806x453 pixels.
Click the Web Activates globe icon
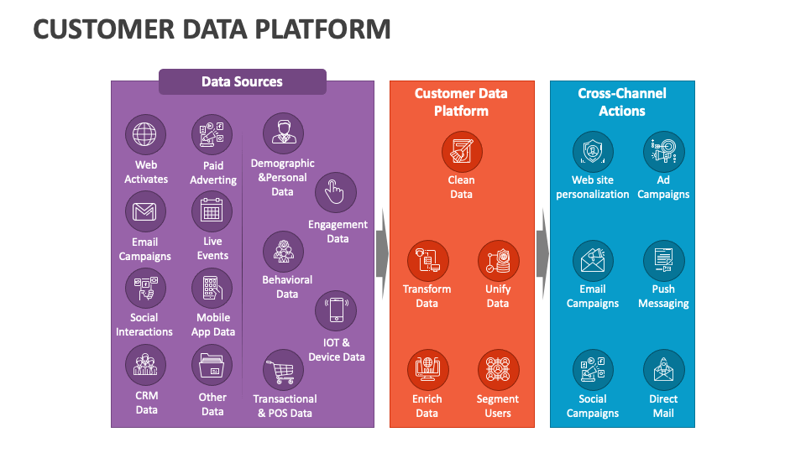[145, 134]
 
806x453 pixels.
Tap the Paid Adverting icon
[212, 134]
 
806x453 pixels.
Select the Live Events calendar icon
[212, 211]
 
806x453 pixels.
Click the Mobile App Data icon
[212, 289]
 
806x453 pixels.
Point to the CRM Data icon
[145, 366]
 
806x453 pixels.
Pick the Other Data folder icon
[212, 366]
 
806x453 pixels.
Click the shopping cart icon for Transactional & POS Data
[283, 370]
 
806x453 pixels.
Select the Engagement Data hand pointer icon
[336, 192]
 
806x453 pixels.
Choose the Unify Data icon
[499, 261]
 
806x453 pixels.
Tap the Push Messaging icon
[663, 261]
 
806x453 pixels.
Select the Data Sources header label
[242, 81]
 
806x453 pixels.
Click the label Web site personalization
[593, 187]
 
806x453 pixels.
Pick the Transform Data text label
[427, 296]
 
